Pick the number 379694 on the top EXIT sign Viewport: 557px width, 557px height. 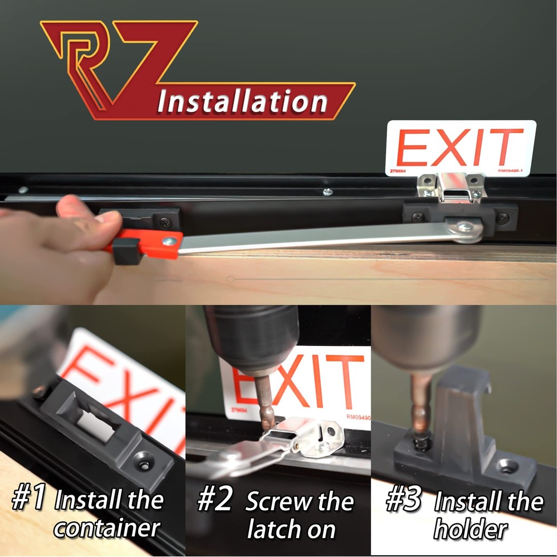(x=397, y=172)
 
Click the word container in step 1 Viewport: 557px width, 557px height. (x=107, y=527)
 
